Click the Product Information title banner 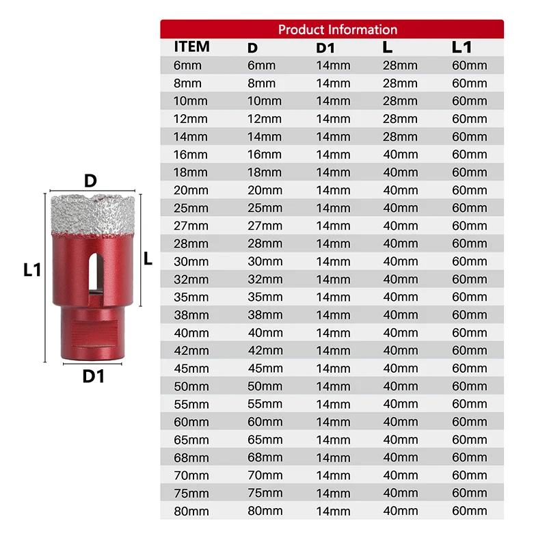337,29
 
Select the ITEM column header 191,47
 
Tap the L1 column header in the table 462,48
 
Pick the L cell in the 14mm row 400,137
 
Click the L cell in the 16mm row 400,155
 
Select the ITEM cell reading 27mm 191,226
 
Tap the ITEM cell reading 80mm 191,510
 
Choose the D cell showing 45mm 265,368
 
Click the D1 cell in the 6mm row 333,66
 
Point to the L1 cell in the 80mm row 470,510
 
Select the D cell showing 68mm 265,457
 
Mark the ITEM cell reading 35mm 191,297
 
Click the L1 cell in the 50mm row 470,386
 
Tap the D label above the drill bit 90,181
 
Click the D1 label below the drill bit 93,375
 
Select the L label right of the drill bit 148,258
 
